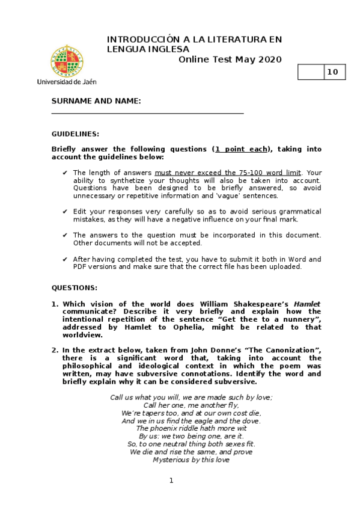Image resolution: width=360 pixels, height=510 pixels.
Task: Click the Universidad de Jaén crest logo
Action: pyautogui.click(x=66, y=60)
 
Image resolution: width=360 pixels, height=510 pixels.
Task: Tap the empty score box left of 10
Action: pyautogui.click(x=311, y=72)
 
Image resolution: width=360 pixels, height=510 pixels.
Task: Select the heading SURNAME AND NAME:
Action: pyautogui.click(x=96, y=101)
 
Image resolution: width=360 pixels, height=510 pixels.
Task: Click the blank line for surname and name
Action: pyautogui.click(x=147, y=112)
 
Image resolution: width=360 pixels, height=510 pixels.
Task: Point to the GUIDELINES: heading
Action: pyautogui.click(x=75, y=134)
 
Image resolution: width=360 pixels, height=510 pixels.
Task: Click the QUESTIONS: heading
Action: pyautogui.click(x=74, y=288)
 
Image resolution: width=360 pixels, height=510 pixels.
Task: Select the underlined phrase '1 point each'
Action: pyautogui.click(x=242, y=149)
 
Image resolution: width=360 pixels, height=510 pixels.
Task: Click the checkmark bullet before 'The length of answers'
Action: pyautogui.click(x=65, y=173)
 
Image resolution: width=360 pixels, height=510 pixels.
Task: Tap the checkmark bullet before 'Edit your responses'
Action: pyautogui.click(x=65, y=212)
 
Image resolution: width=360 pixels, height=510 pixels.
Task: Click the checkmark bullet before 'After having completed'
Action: pyautogui.click(x=65, y=259)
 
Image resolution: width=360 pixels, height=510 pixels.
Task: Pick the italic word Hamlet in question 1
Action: pyautogui.click(x=307, y=304)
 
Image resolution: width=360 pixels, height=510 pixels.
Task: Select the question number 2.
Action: pyautogui.click(x=54, y=350)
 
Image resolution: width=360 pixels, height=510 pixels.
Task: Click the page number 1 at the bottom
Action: pyautogui.click(x=171, y=480)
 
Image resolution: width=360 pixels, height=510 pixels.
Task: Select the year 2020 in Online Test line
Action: pyautogui.click(x=267, y=59)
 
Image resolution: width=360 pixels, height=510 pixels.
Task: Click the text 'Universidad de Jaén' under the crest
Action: pyautogui.click(x=66, y=81)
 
